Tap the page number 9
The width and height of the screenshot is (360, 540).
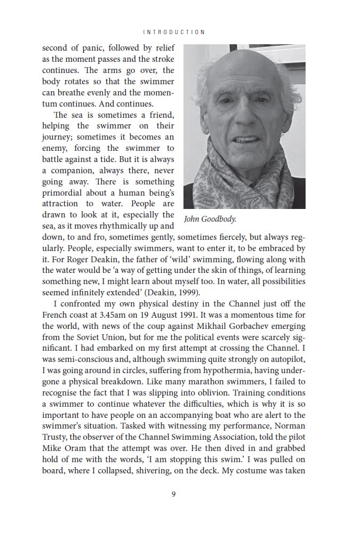coord(174,494)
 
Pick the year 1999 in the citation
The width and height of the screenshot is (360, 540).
coord(187,293)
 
